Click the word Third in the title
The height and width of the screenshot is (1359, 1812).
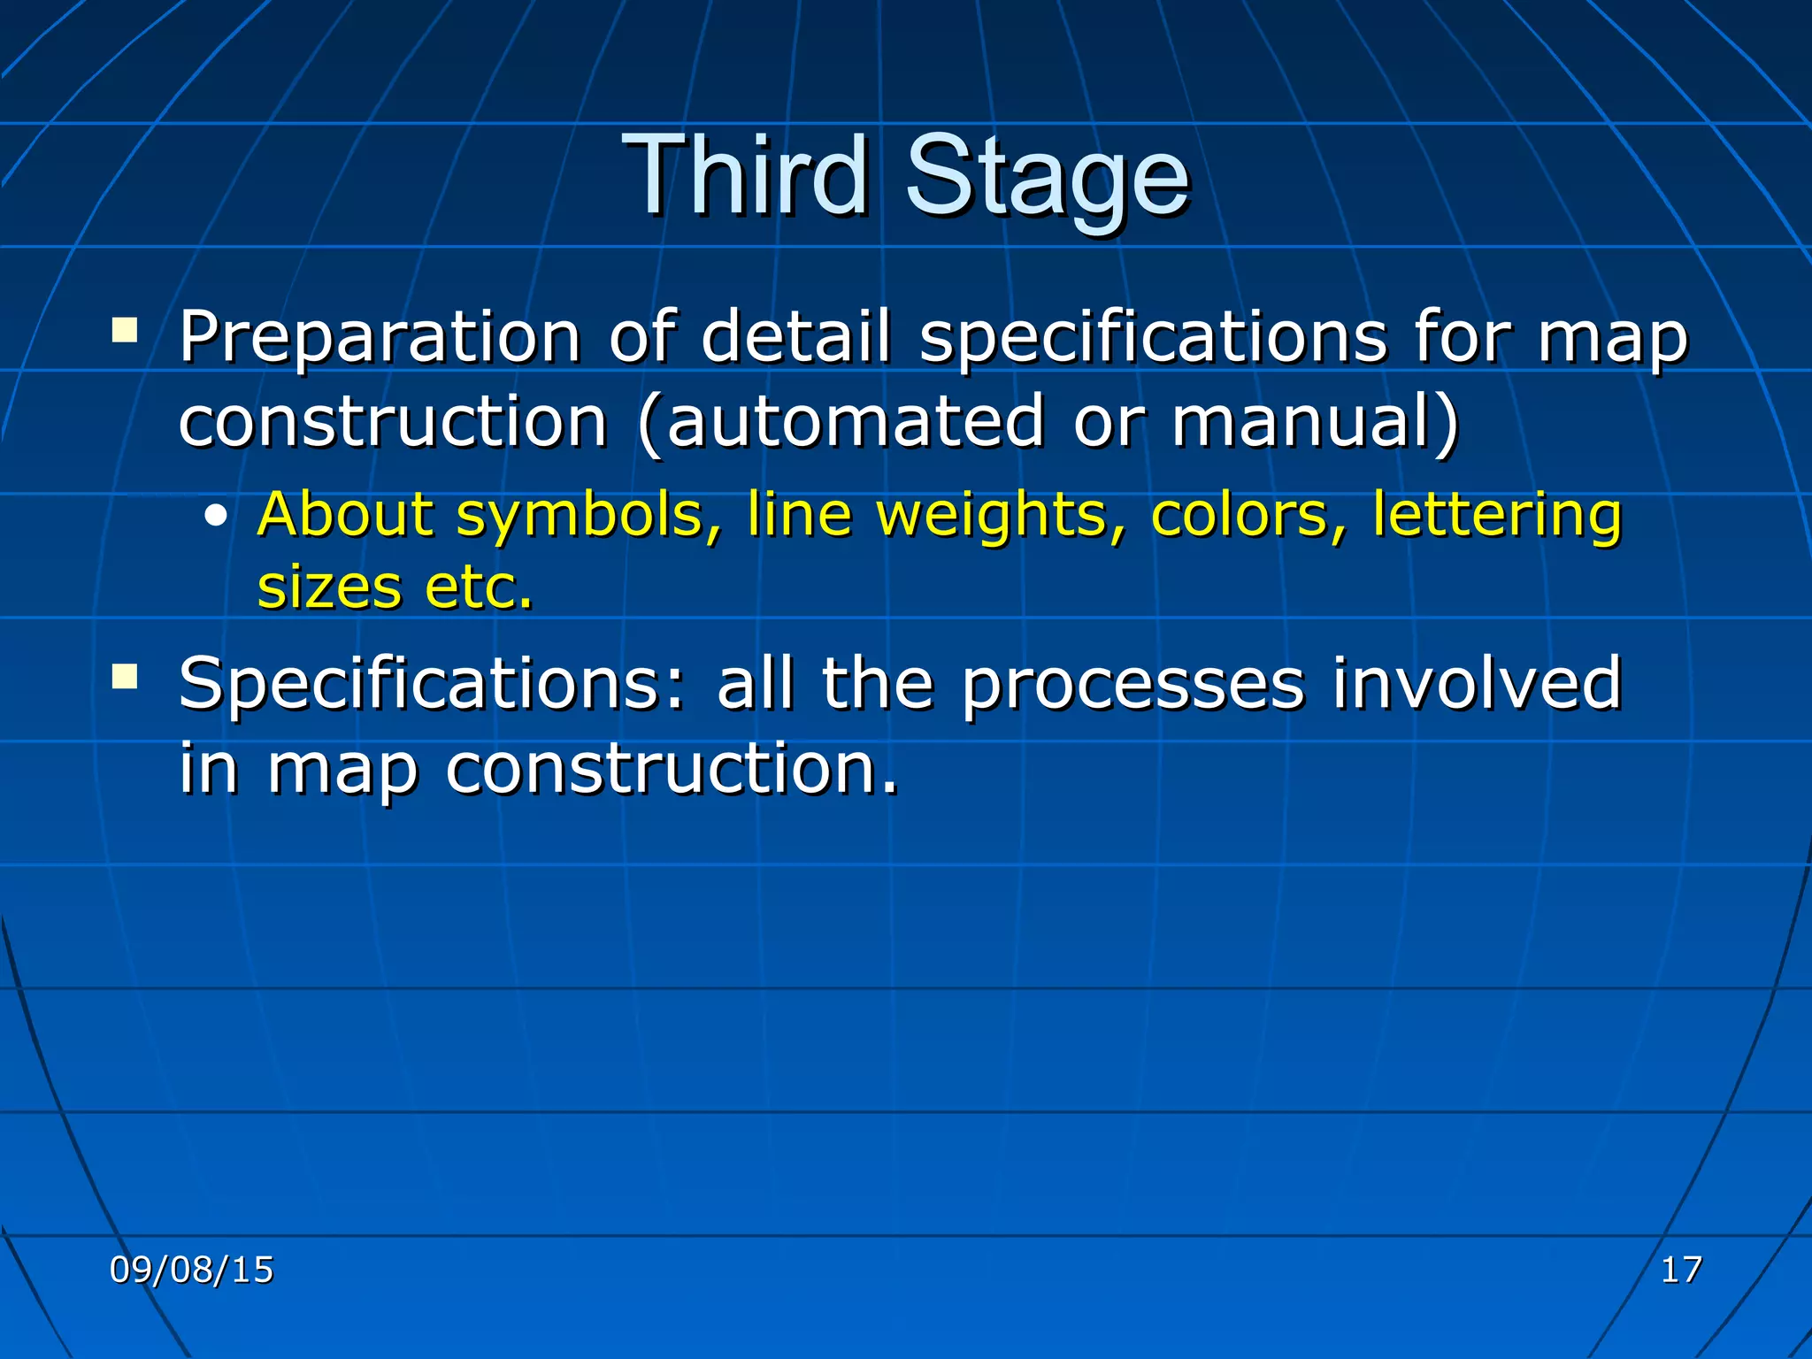coord(745,175)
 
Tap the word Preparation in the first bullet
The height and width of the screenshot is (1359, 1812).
coord(380,338)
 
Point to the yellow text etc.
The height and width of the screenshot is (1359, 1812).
coord(479,587)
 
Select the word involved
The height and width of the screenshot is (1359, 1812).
coord(1477,683)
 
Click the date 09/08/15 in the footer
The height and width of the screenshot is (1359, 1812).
coord(191,1270)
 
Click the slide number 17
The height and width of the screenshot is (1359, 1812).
coord(1681,1270)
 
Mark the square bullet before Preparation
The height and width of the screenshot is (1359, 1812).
coord(125,331)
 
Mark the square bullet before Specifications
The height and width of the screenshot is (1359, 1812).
coord(125,678)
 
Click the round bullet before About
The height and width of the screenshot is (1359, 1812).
coord(215,518)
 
